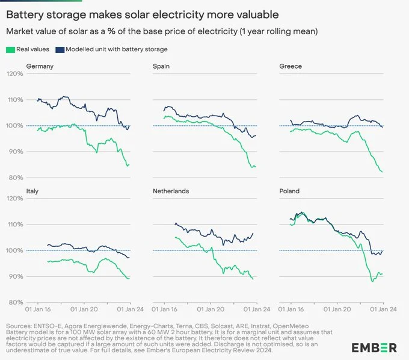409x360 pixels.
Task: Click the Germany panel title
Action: tap(40, 66)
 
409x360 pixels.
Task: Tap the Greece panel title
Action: tap(291, 66)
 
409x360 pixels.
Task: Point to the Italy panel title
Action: tap(32, 191)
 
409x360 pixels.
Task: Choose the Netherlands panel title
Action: tap(171, 191)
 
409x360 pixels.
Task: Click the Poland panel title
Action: tap(290, 191)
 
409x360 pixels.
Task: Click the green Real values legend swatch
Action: tap(10, 49)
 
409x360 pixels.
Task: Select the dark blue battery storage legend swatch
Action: tap(59, 49)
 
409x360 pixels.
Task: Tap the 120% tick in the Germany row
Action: tap(14, 74)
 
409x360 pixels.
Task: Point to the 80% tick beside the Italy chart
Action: tap(16, 302)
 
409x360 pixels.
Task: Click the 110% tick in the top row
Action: tap(14, 100)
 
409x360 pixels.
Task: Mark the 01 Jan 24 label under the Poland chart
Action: tap(380, 309)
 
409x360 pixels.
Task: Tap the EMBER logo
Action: tap(374, 347)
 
